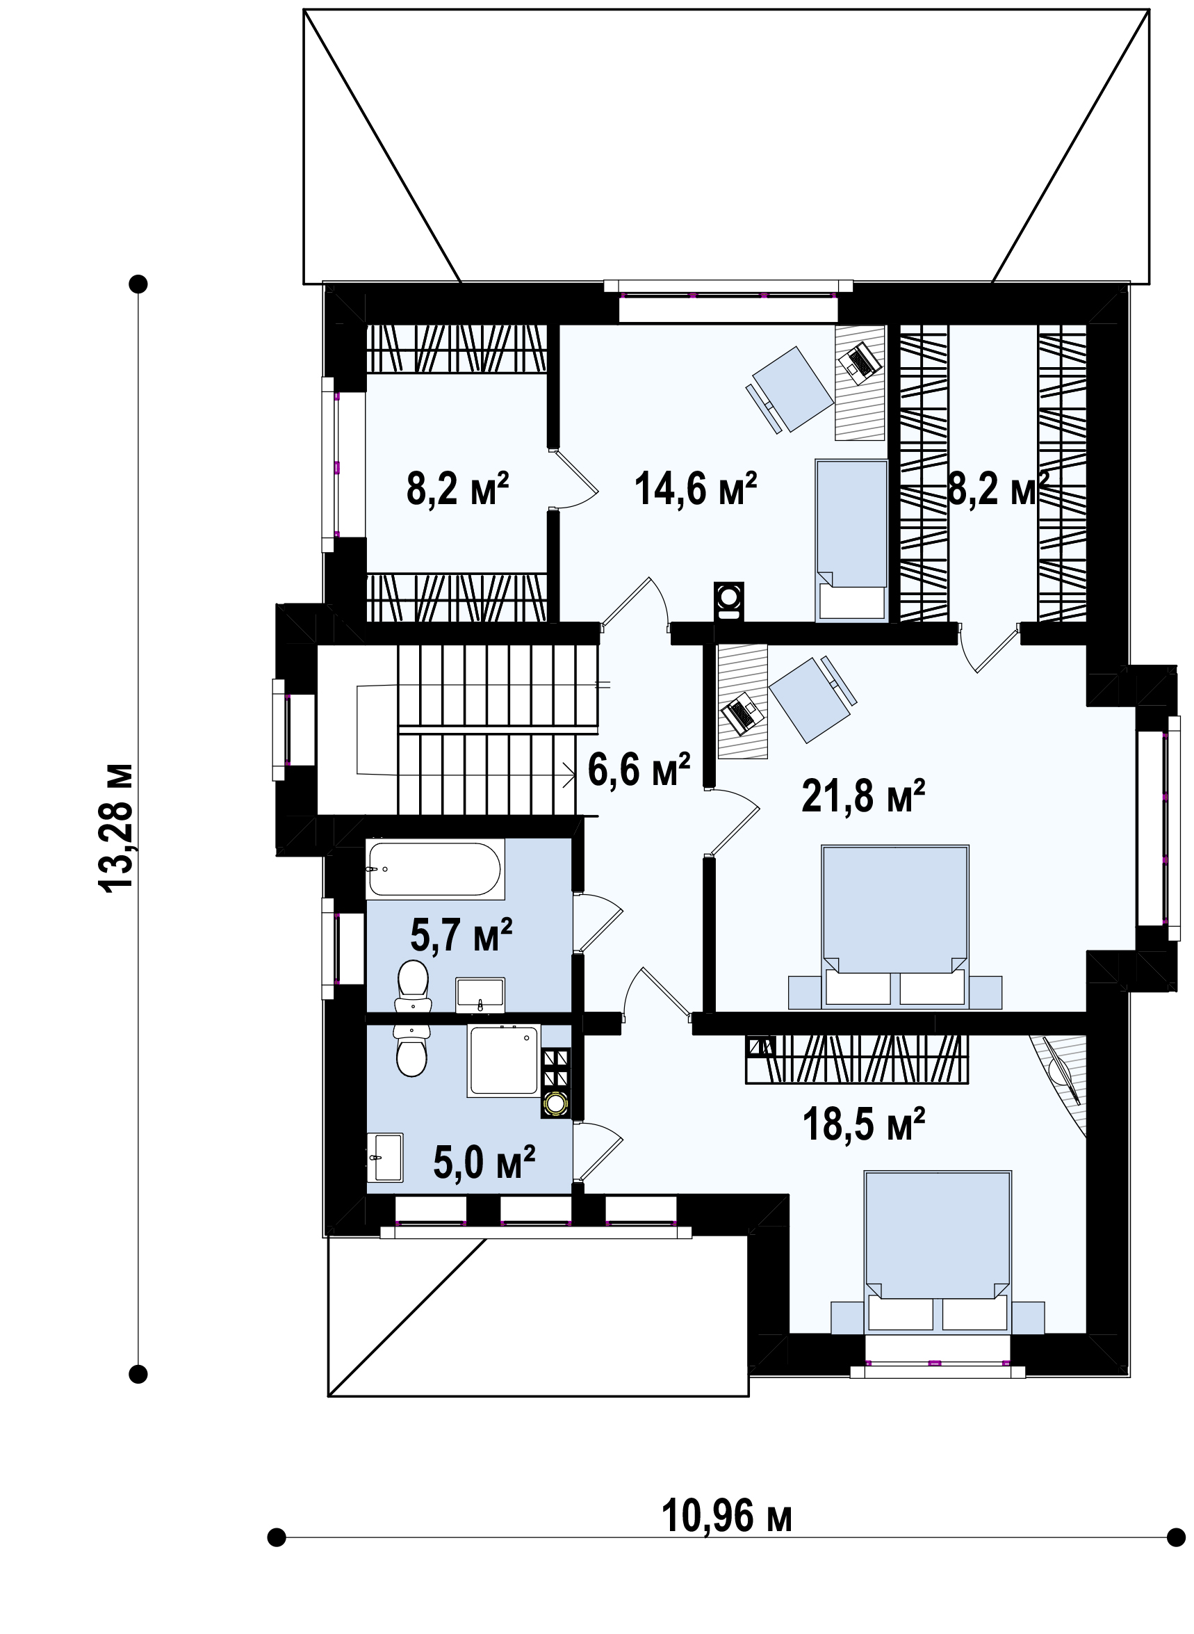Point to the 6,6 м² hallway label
[639, 768]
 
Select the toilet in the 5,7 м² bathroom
[414, 986]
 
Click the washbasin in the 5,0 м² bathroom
[385, 1157]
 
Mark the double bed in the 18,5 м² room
[938, 1252]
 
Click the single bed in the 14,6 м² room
[851, 540]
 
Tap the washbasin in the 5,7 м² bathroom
[480, 995]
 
